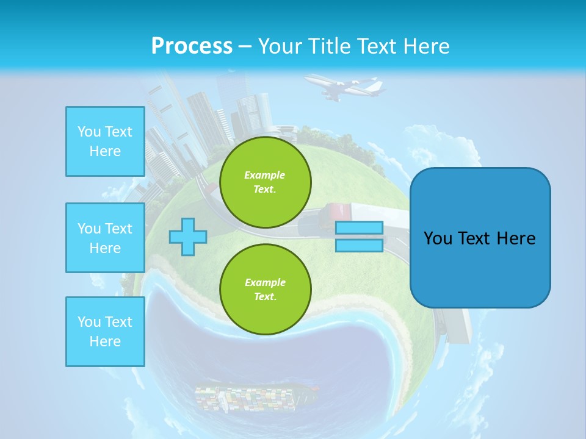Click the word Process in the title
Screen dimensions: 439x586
[192, 46]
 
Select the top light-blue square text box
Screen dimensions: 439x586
[105, 141]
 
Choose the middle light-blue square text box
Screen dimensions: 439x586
[105, 238]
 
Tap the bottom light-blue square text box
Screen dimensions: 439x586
[105, 332]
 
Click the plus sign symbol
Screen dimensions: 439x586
[188, 237]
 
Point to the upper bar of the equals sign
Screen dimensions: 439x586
[359, 228]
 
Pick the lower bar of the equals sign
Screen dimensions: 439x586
[359, 245]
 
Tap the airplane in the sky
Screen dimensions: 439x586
[345, 87]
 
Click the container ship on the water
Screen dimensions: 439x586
[256, 397]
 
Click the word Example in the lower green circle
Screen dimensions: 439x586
[265, 282]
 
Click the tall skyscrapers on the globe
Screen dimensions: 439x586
[208, 122]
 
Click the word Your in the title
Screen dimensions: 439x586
[280, 46]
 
